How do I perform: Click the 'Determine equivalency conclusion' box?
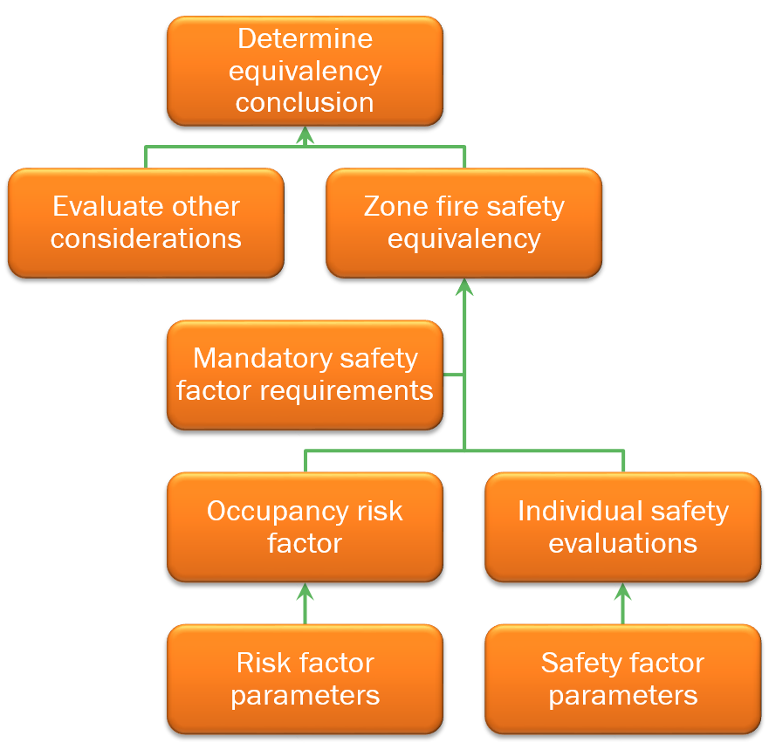[x=305, y=71]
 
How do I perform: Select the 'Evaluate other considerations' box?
[x=146, y=223]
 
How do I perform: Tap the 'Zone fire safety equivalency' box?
[x=463, y=223]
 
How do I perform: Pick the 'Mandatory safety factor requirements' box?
[x=305, y=375]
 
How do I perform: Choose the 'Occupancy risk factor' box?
[x=305, y=526]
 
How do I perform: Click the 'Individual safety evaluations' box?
[x=622, y=526]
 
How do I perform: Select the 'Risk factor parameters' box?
[x=305, y=678]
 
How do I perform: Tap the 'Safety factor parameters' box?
[x=622, y=678]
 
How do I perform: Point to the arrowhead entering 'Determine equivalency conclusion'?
[x=305, y=134]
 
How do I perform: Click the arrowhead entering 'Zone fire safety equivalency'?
[x=463, y=286]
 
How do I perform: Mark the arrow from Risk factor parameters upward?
[x=305, y=603]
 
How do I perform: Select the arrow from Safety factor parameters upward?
[x=622, y=603]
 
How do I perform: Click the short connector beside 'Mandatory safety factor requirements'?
[x=453, y=375]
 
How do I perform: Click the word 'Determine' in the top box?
[x=305, y=39]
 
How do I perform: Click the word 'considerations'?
[x=146, y=239]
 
